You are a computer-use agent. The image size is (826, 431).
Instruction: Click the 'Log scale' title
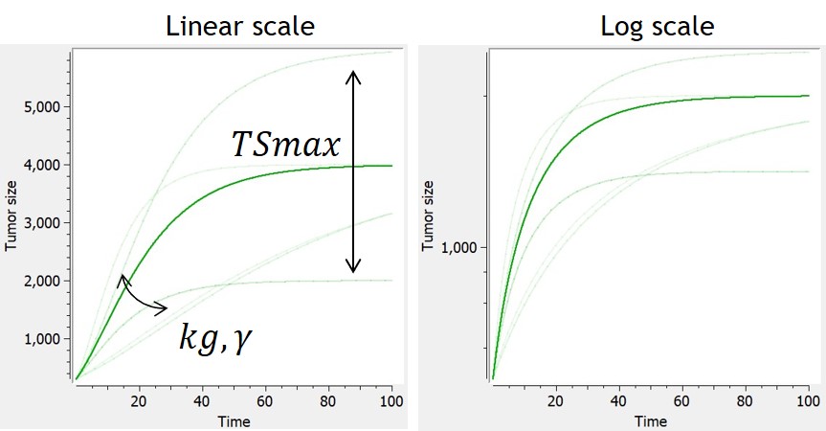tap(657, 25)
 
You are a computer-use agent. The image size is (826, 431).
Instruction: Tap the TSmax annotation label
tap(285, 145)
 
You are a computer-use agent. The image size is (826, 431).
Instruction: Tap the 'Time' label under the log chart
tap(652, 420)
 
